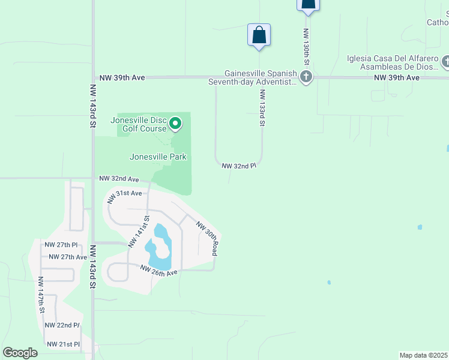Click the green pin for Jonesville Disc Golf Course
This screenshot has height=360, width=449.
pyautogui.click(x=175, y=124)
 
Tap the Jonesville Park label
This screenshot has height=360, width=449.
pyautogui.click(x=158, y=157)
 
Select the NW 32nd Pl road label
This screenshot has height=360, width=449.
pyautogui.click(x=239, y=166)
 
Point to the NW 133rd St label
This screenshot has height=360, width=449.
pyautogui.click(x=262, y=108)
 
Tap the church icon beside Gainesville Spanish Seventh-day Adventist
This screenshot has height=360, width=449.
pyautogui.click(x=306, y=76)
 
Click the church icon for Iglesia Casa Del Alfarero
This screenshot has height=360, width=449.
pyautogui.click(x=446, y=61)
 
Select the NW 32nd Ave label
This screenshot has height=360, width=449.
pyautogui.click(x=119, y=179)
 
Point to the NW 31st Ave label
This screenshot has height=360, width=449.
pyautogui.click(x=125, y=193)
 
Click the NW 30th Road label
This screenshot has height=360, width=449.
pyautogui.click(x=207, y=238)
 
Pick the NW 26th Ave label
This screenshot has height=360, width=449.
pyautogui.click(x=159, y=271)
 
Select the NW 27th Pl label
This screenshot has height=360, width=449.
pyautogui.click(x=61, y=245)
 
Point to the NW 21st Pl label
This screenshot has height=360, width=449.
pyautogui.click(x=64, y=344)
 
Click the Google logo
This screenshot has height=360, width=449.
pyautogui.click(x=20, y=353)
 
